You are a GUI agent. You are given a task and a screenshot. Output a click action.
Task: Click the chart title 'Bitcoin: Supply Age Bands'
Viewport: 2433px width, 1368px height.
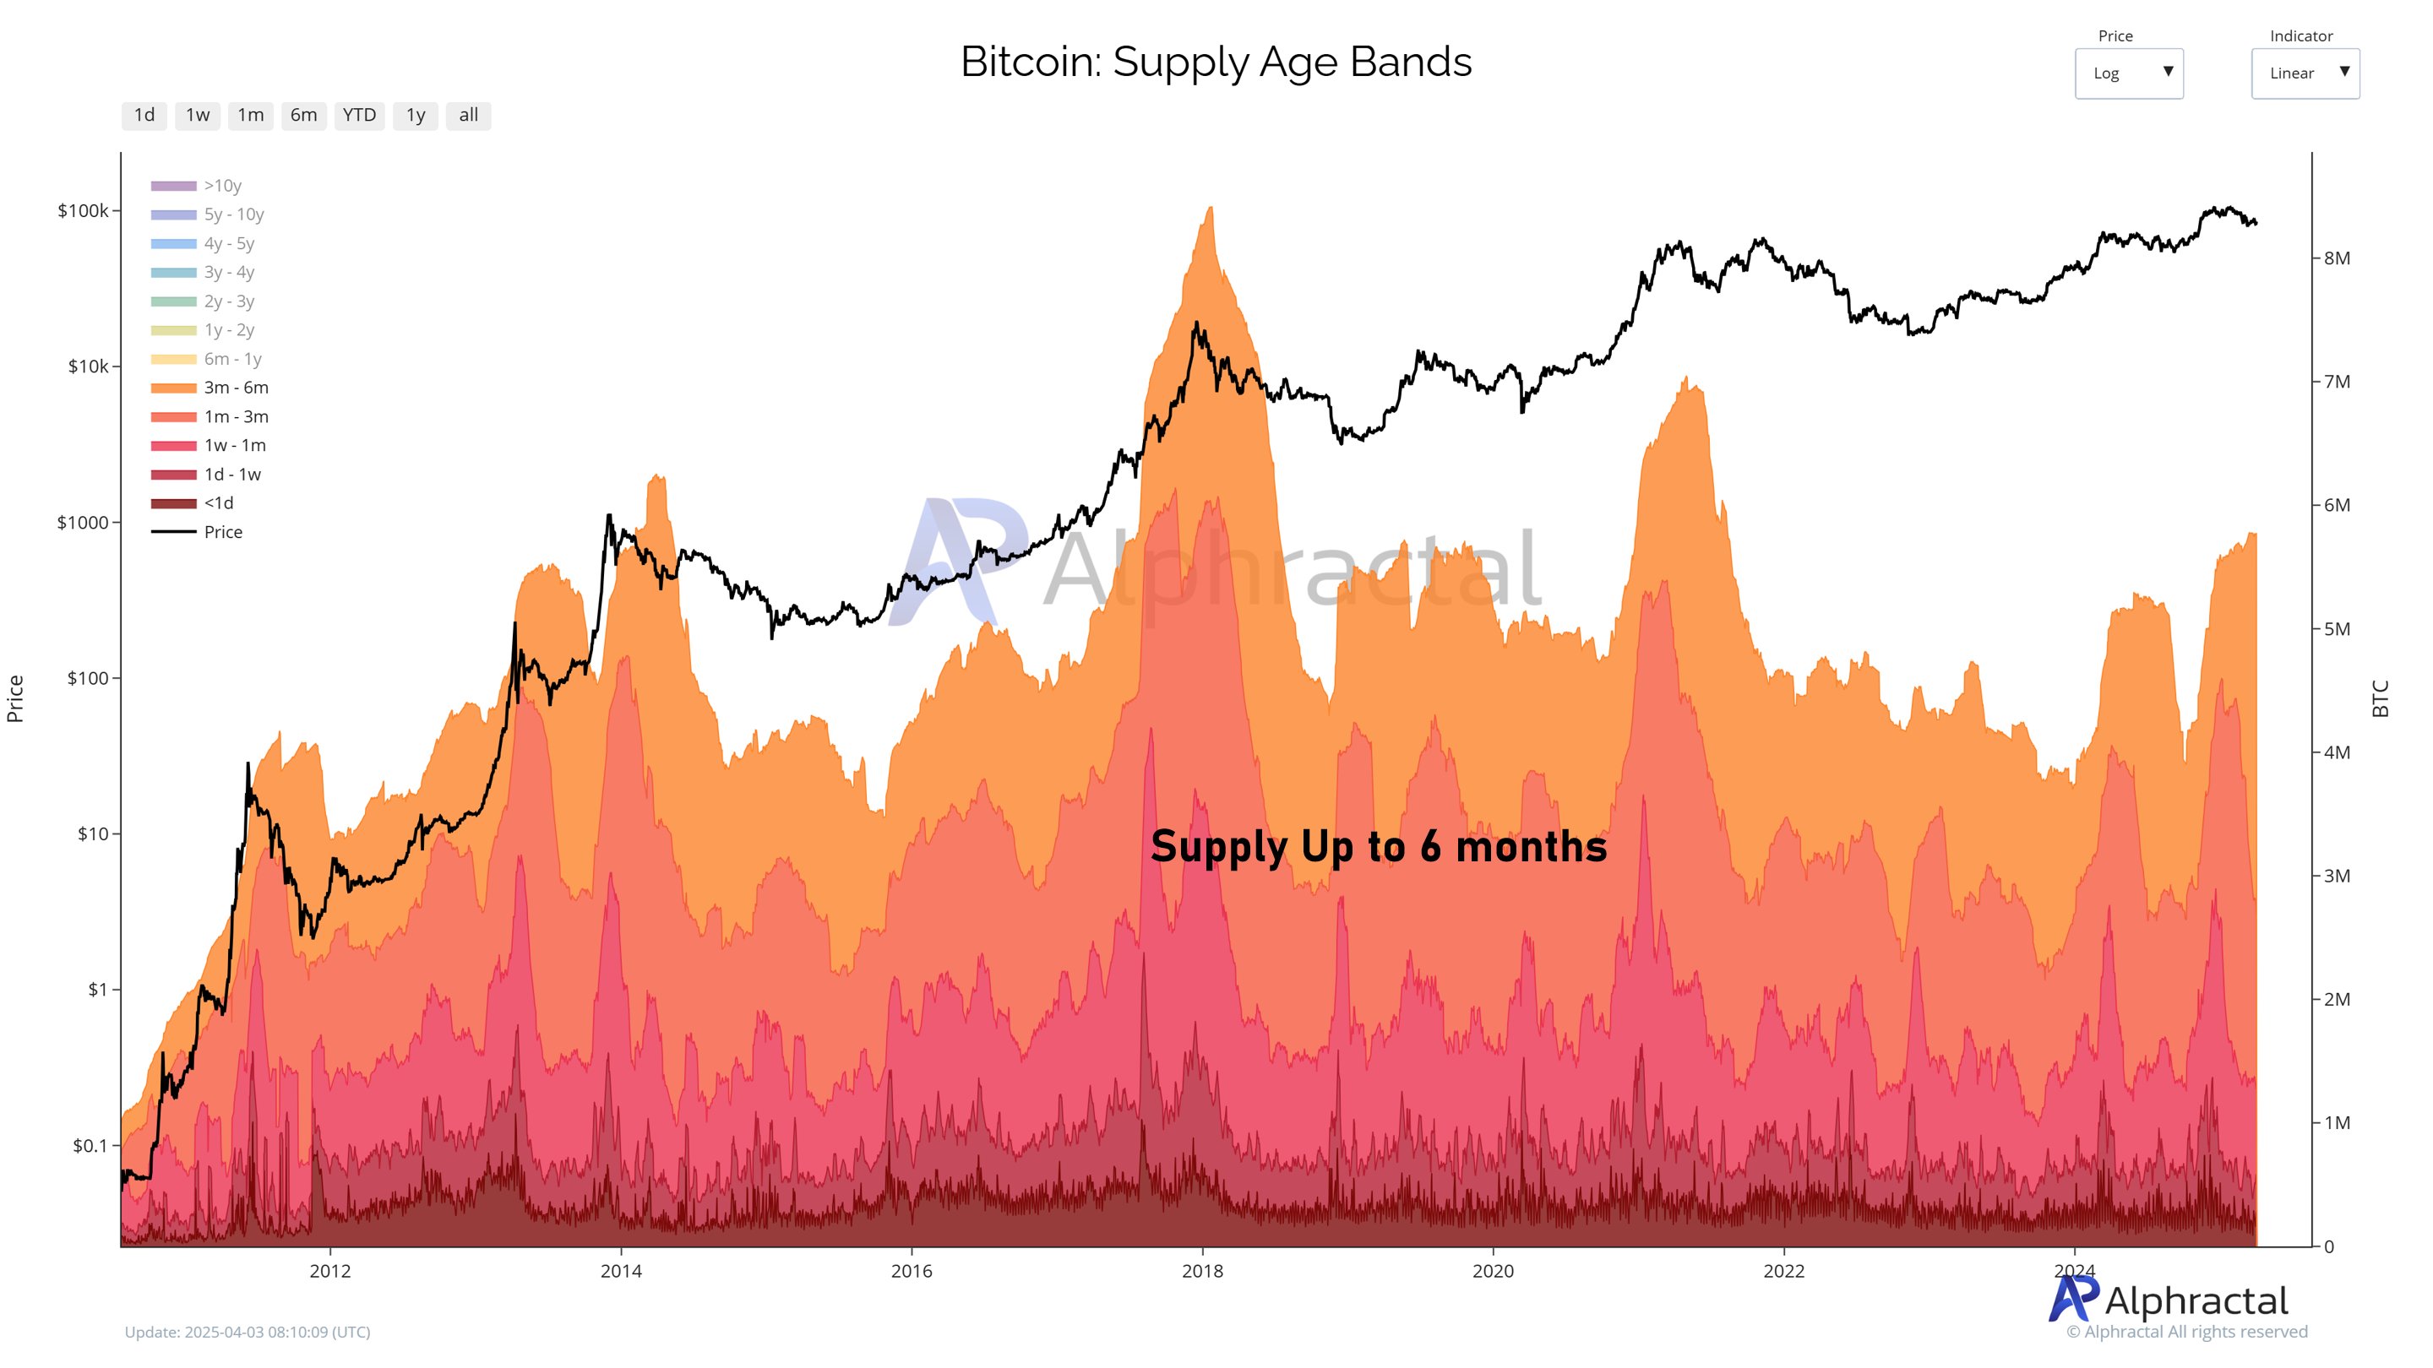click(x=1216, y=62)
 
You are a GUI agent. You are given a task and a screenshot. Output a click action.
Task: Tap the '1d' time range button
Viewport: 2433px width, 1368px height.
click(x=144, y=115)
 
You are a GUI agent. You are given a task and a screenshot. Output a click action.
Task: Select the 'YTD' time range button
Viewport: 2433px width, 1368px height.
click(x=359, y=115)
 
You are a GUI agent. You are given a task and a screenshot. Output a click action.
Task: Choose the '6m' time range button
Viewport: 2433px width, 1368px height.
click(x=303, y=115)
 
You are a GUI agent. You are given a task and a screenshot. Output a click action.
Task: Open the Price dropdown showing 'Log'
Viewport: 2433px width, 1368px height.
click(x=2128, y=73)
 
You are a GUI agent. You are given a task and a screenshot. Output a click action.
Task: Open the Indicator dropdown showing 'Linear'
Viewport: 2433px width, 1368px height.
click(x=2305, y=73)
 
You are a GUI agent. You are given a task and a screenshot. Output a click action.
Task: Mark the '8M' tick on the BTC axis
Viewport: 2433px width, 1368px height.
click(x=2337, y=258)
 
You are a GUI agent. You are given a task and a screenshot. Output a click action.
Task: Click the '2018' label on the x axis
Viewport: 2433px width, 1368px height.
click(x=1201, y=1271)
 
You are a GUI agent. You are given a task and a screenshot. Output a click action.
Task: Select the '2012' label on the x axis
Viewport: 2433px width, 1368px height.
click(x=329, y=1271)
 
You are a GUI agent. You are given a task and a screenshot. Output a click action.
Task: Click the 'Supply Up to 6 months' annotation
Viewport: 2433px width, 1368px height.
click(x=1378, y=846)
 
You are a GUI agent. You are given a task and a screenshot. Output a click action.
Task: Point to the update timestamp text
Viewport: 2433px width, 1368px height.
click(x=248, y=1333)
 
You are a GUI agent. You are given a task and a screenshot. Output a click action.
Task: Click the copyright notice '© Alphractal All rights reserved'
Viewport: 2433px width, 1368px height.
click(x=2186, y=1333)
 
